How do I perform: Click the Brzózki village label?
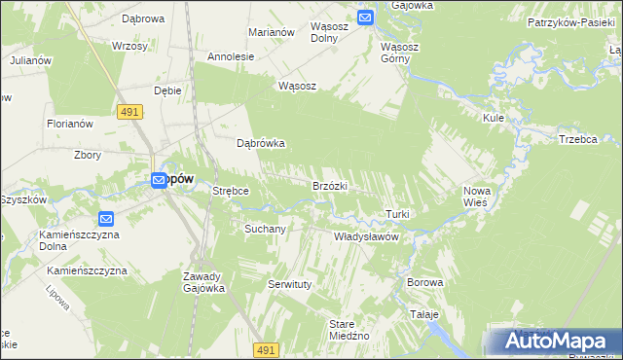tap(330, 186)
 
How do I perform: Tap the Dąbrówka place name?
tap(261, 143)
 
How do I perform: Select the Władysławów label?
tap(367, 236)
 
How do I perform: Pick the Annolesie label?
tap(231, 56)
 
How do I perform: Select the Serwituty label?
tap(288, 284)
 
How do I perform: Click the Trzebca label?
tap(577, 139)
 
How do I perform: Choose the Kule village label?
tap(493, 118)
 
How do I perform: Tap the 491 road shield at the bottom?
tap(266, 349)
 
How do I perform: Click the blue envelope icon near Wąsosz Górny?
tap(365, 17)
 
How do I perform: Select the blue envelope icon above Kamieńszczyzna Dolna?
tap(106, 219)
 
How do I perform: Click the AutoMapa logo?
tap(558, 342)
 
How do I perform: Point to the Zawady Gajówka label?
tap(204, 282)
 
